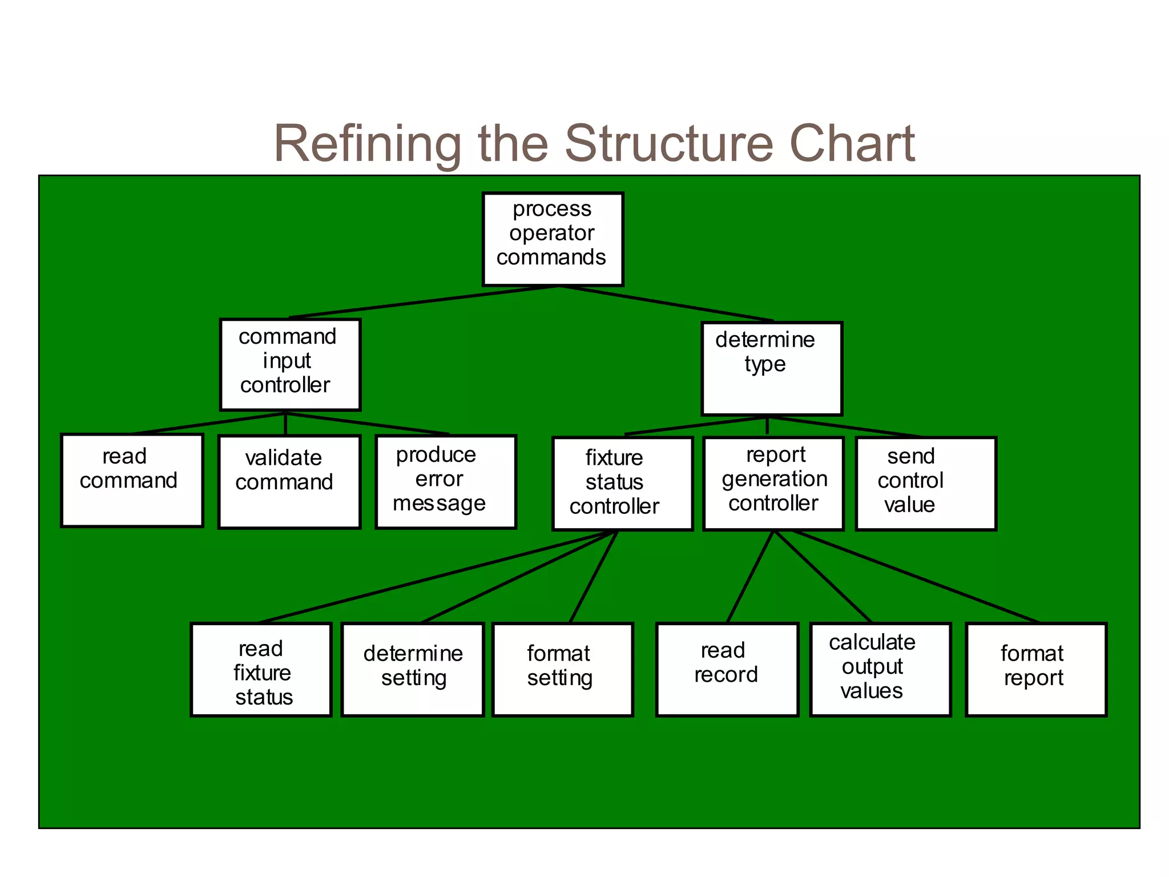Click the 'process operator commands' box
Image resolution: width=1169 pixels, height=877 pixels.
click(x=553, y=239)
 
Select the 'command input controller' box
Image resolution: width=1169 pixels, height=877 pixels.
click(x=290, y=364)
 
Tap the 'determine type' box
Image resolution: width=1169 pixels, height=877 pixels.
click(x=771, y=368)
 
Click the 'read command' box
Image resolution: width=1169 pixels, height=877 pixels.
click(x=132, y=480)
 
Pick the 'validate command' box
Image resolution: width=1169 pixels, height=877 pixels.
click(x=289, y=482)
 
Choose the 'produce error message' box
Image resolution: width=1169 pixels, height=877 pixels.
click(x=446, y=482)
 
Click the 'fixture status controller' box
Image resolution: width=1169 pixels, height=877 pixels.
click(x=622, y=484)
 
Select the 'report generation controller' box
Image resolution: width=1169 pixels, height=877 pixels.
click(x=773, y=484)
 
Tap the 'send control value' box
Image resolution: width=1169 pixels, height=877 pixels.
click(x=926, y=484)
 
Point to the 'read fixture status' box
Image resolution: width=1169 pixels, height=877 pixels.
click(x=261, y=669)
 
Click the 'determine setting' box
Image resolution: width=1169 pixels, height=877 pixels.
click(x=413, y=669)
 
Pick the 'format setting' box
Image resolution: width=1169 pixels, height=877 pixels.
click(x=563, y=669)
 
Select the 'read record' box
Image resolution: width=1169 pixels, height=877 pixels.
click(x=727, y=669)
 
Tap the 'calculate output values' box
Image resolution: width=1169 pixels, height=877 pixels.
click(x=880, y=669)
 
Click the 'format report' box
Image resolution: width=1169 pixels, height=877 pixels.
click(x=1036, y=669)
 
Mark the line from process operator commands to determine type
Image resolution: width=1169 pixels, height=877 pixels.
click(x=666, y=303)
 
